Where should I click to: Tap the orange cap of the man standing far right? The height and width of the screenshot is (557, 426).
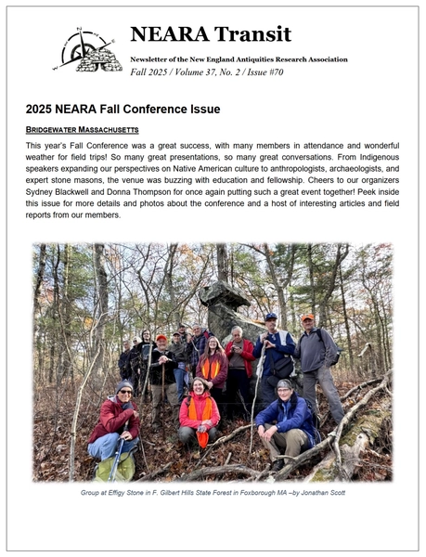(x=307, y=317)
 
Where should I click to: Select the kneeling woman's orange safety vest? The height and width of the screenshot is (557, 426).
(x=200, y=408)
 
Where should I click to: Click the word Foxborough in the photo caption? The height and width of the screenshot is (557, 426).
(x=254, y=492)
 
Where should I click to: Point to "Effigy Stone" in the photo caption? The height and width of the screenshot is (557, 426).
(x=123, y=492)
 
